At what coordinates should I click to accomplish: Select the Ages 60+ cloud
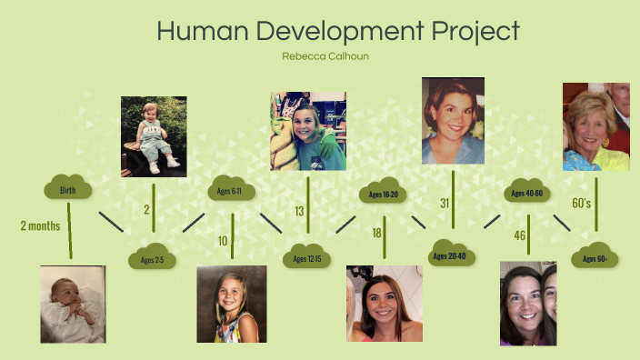coord(595,258)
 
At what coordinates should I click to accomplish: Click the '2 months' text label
coord(40,225)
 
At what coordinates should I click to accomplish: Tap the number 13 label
coord(299,211)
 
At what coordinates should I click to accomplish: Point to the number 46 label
coord(520,235)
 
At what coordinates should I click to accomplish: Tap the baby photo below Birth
coord(73,304)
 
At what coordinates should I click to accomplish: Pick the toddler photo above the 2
coord(154,136)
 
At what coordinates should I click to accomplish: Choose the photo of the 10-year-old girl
coord(232,304)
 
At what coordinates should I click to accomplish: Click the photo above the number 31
coord(453,120)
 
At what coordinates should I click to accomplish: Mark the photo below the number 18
coord(384,304)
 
